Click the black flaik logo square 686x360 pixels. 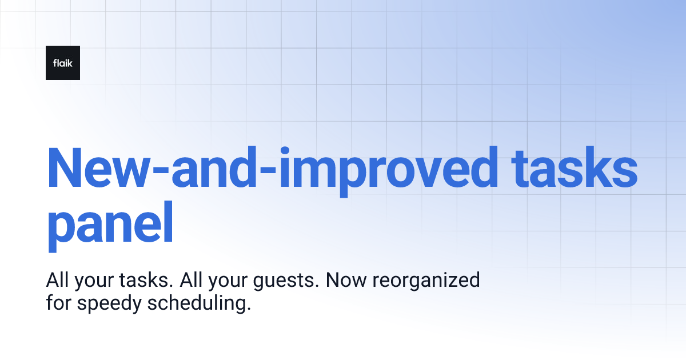pyautogui.click(x=63, y=63)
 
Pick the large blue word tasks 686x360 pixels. pyautogui.click(x=575, y=170)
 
